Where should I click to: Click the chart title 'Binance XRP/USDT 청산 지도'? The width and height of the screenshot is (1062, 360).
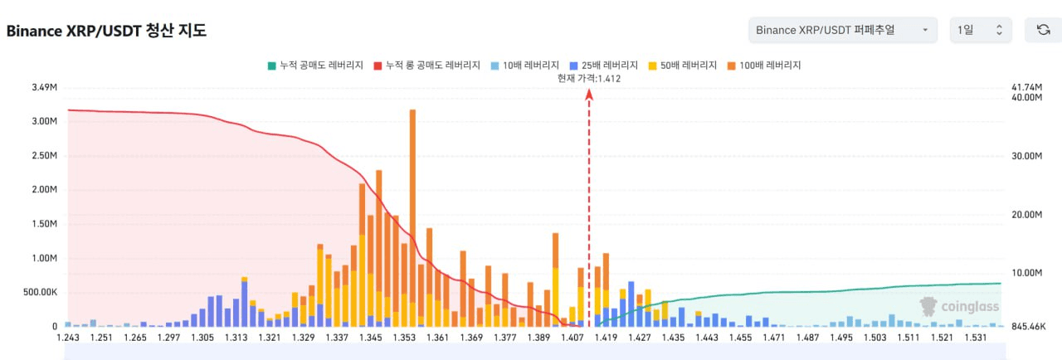click(x=106, y=31)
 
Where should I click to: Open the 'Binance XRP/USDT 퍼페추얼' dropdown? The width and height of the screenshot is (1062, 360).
click(x=842, y=30)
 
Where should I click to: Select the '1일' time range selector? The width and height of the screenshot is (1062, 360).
click(x=981, y=30)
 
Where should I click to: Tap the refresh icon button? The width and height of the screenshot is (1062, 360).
click(x=1043, y=30)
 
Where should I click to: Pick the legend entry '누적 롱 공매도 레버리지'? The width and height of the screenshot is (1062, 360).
click(x=426, y=65)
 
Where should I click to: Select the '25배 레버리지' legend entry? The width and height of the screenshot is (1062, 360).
click(x=605, y=65)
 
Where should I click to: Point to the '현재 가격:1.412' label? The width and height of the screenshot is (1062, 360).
click(x=590, y=78)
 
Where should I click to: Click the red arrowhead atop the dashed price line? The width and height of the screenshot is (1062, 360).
click(x=589, y=94)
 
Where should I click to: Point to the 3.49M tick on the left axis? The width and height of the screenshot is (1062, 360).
click(x=43, y=87)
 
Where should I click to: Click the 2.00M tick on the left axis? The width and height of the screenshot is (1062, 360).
click(x=43, y=189)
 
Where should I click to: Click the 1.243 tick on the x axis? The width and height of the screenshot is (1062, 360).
click(x=68, y=338)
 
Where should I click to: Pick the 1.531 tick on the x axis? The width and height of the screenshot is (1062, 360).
click(x=975, y=338)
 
